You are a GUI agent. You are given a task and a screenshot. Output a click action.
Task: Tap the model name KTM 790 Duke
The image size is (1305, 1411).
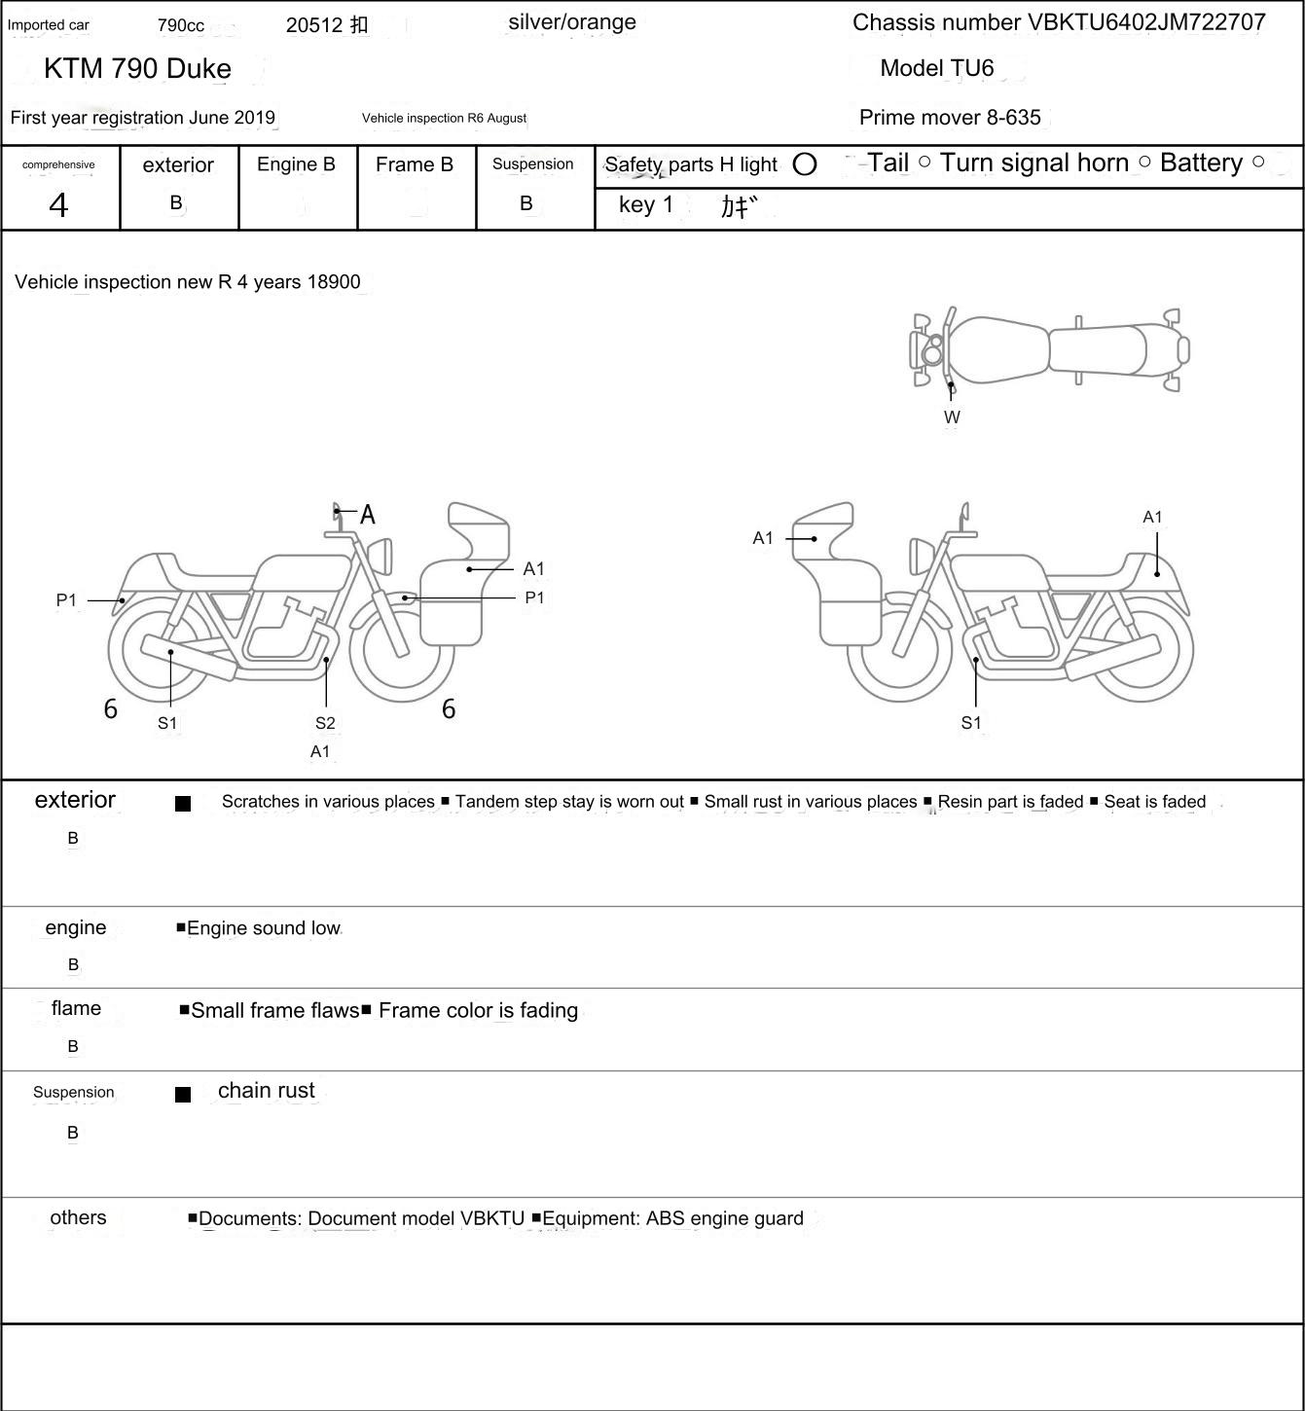[137, 68]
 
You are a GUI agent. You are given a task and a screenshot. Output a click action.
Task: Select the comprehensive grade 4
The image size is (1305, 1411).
[58, 205]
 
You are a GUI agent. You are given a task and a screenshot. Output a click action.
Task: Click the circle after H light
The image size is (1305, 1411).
[805, 164]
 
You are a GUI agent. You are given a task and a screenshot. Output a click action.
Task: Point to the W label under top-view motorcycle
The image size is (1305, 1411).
[952, 417]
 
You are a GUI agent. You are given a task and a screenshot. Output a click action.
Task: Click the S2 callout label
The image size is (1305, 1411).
[325, 723]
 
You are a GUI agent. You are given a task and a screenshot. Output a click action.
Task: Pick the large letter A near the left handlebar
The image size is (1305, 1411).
[368, 515]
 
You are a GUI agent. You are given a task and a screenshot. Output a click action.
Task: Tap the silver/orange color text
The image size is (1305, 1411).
[572, 22]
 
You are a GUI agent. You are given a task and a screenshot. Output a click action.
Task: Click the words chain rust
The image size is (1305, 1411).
[267, 1091]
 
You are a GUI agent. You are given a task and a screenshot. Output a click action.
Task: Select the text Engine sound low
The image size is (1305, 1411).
[263, 928]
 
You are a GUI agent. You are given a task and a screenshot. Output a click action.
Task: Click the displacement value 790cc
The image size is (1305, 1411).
[181, 25]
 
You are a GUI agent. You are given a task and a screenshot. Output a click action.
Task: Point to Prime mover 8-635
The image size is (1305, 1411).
[950, 118]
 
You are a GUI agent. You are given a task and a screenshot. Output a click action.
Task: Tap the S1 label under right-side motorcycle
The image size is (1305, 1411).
[971, 722]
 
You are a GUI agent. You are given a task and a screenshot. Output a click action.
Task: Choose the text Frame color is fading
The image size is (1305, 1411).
[478, 1011]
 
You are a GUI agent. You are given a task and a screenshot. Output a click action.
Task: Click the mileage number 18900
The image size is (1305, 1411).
[334, 282]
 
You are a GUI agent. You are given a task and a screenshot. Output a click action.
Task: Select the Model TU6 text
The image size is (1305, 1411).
[937, 68]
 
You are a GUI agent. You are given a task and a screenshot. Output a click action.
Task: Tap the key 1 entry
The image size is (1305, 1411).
[646, 205]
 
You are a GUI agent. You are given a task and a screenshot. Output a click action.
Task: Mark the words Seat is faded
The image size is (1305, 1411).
[1155, 802]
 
